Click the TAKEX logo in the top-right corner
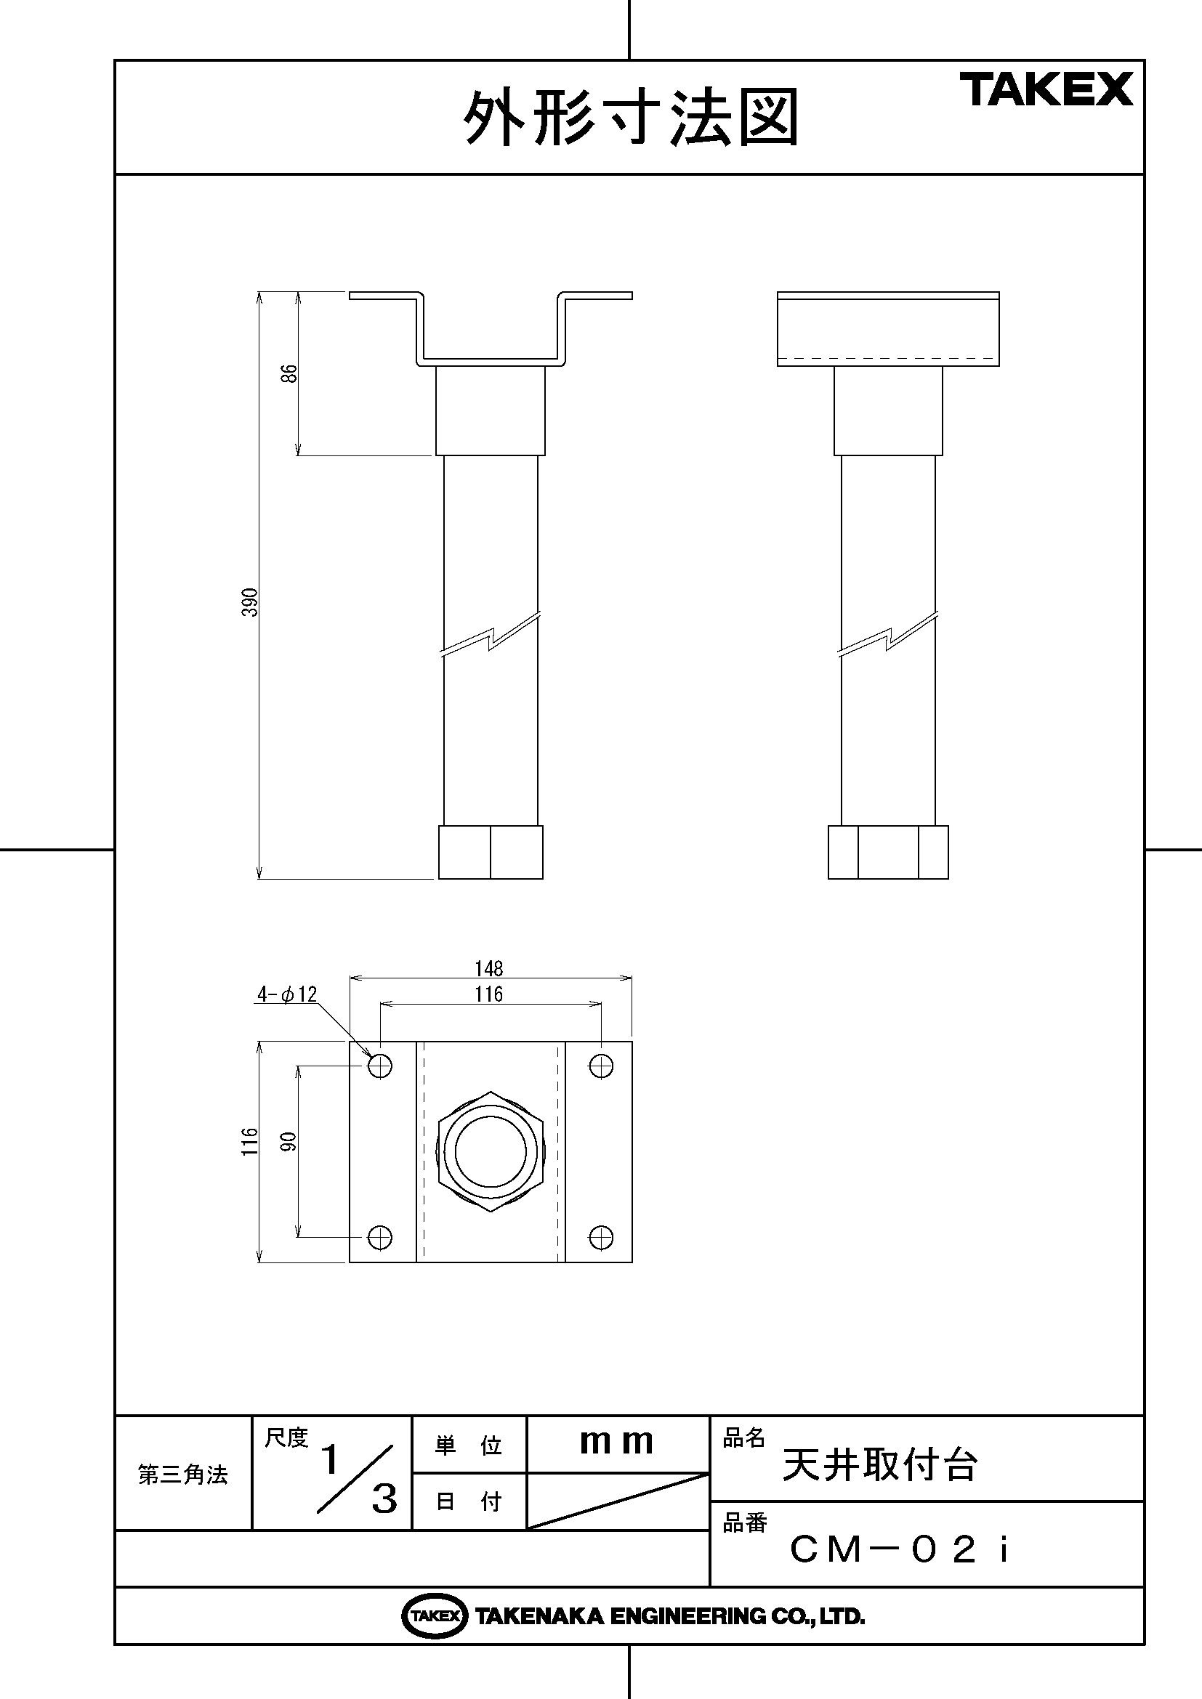(1046, 89)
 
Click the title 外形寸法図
(631, 118)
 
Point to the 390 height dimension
(251, 602)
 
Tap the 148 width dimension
(489, 968)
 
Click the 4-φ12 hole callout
(286, 994)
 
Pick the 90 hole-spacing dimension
(289, 1141)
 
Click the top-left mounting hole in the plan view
(380, 1066)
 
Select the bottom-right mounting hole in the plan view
(601, 1236)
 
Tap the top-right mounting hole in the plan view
(601, 1066)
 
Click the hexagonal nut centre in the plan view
(491, 1151)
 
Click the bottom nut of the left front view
(491, 853)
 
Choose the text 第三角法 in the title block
(183, 1475)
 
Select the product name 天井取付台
(880, 1464)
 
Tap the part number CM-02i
(899, 1549)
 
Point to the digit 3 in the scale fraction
(384, 1500)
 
